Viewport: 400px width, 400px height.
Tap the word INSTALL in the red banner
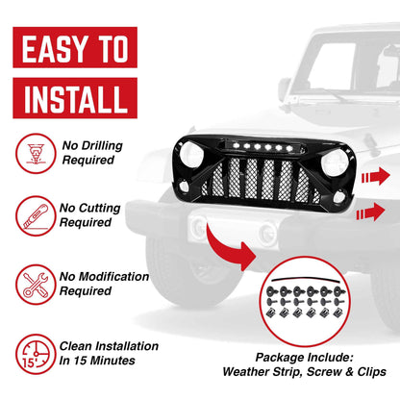pyautogui.click(x=73, y=97)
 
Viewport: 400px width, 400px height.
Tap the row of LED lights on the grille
pyautogui.click(x=248, y=149)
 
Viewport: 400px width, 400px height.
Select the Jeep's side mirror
pyautogui.click(x=285, y=88)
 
